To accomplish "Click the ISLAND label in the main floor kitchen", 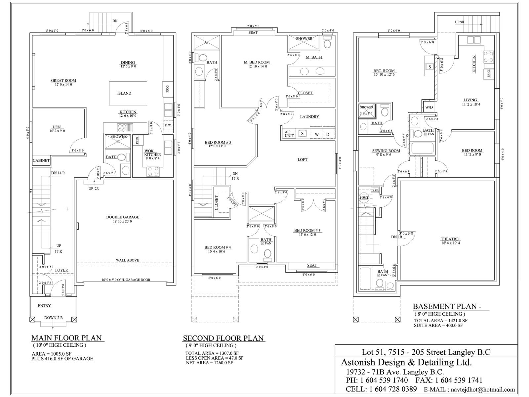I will point(124,93).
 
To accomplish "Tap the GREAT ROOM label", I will point(63,80).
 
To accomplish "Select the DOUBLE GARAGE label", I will point(123,217).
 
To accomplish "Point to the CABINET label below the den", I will point(41,160).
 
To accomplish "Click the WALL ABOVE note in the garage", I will point(127,260).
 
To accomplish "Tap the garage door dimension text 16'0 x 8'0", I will point(126,280).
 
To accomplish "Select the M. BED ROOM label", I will point(257,62).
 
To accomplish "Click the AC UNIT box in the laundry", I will point(289,133).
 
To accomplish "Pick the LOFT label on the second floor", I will point(302,159).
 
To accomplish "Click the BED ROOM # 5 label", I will point(218,143).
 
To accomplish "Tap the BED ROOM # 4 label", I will point(217,247).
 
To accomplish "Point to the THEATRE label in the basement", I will point(450,239).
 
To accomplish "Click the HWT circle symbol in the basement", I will point(364,198).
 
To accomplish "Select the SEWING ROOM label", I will point(386,151).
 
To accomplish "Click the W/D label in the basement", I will point(429,107).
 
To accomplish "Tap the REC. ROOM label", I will point(384,71).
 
